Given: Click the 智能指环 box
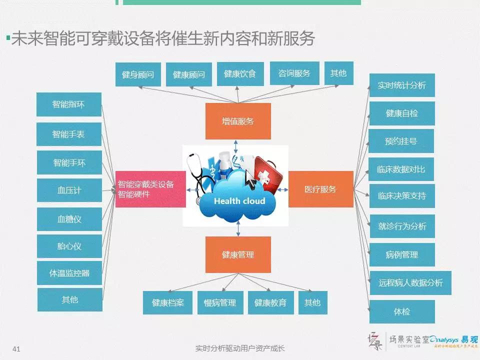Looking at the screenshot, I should [69, 104].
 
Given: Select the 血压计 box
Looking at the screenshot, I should [69, 190].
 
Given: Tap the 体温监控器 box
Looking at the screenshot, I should [69, 273].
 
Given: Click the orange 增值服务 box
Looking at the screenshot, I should [238, 121].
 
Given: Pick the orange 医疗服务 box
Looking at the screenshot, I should [320, 189].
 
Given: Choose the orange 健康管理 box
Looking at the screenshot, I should [238, 254].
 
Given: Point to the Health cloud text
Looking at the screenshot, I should [239, 201].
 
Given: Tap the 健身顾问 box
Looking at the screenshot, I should [137, 75].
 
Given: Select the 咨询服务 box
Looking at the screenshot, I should [294, 73].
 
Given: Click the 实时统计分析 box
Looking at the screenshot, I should [401, 85].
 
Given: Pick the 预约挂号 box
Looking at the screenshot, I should [401, 141].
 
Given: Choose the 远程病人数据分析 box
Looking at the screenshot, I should [410, 283].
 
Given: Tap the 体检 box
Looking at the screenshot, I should [401, 311].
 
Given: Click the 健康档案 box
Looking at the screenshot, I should [167, 302].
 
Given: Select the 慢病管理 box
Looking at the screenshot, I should [220, 302].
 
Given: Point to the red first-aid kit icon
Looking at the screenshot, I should [268, 172].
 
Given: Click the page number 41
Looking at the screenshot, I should [16, 349].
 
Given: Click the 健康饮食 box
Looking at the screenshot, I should [240, 74].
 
